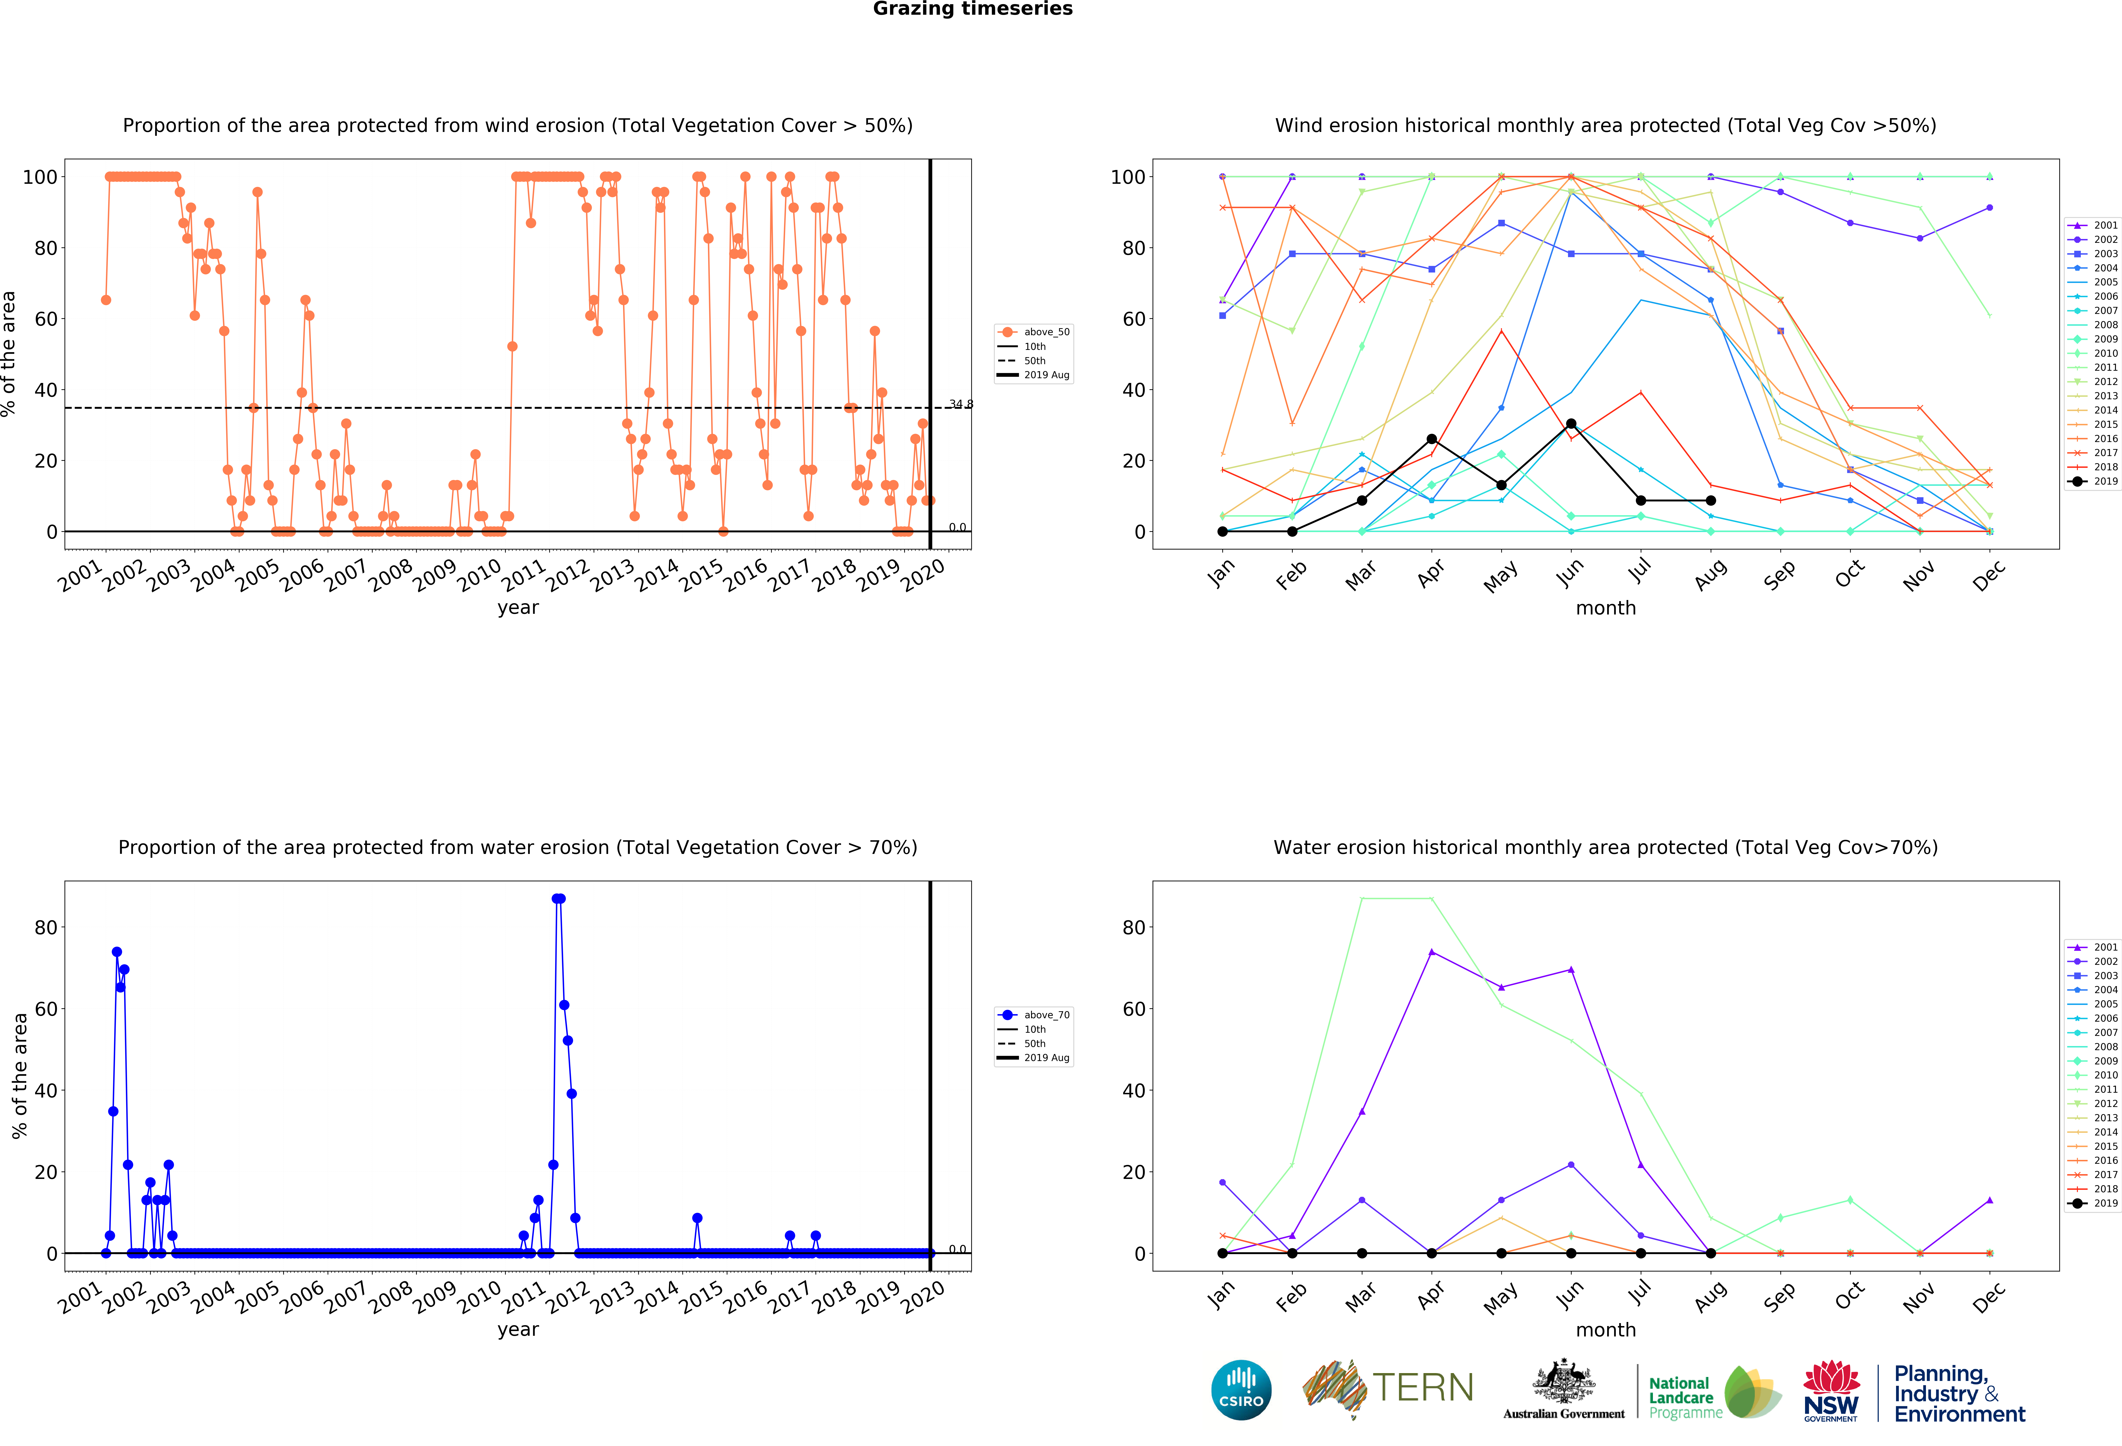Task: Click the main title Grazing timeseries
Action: [972, 9]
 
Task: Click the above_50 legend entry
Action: [1034, 332]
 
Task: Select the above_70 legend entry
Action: [1034, 1015]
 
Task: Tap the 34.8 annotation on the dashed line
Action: [961, 404]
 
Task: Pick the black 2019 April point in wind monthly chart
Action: [1432, 439]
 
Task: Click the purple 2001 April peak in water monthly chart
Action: [1432, 952]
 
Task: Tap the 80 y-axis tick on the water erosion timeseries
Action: [46, 927]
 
